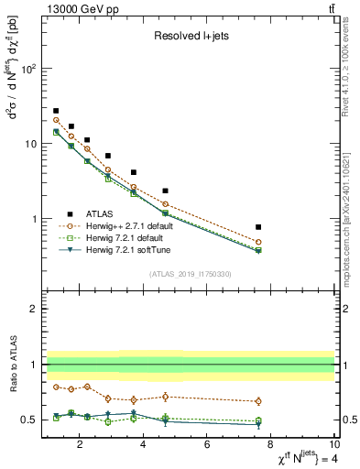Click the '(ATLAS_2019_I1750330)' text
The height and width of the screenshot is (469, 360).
coord(190,273)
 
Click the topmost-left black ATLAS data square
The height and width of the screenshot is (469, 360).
coord(56,111)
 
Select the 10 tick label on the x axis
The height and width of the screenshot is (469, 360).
coord(333,446)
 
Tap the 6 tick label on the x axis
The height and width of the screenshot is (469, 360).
coord(207,446)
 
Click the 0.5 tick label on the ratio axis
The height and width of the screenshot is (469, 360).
coord(30,420)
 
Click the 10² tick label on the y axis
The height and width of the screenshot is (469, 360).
coord(27,70)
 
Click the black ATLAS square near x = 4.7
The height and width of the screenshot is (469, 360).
coord(165,191)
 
